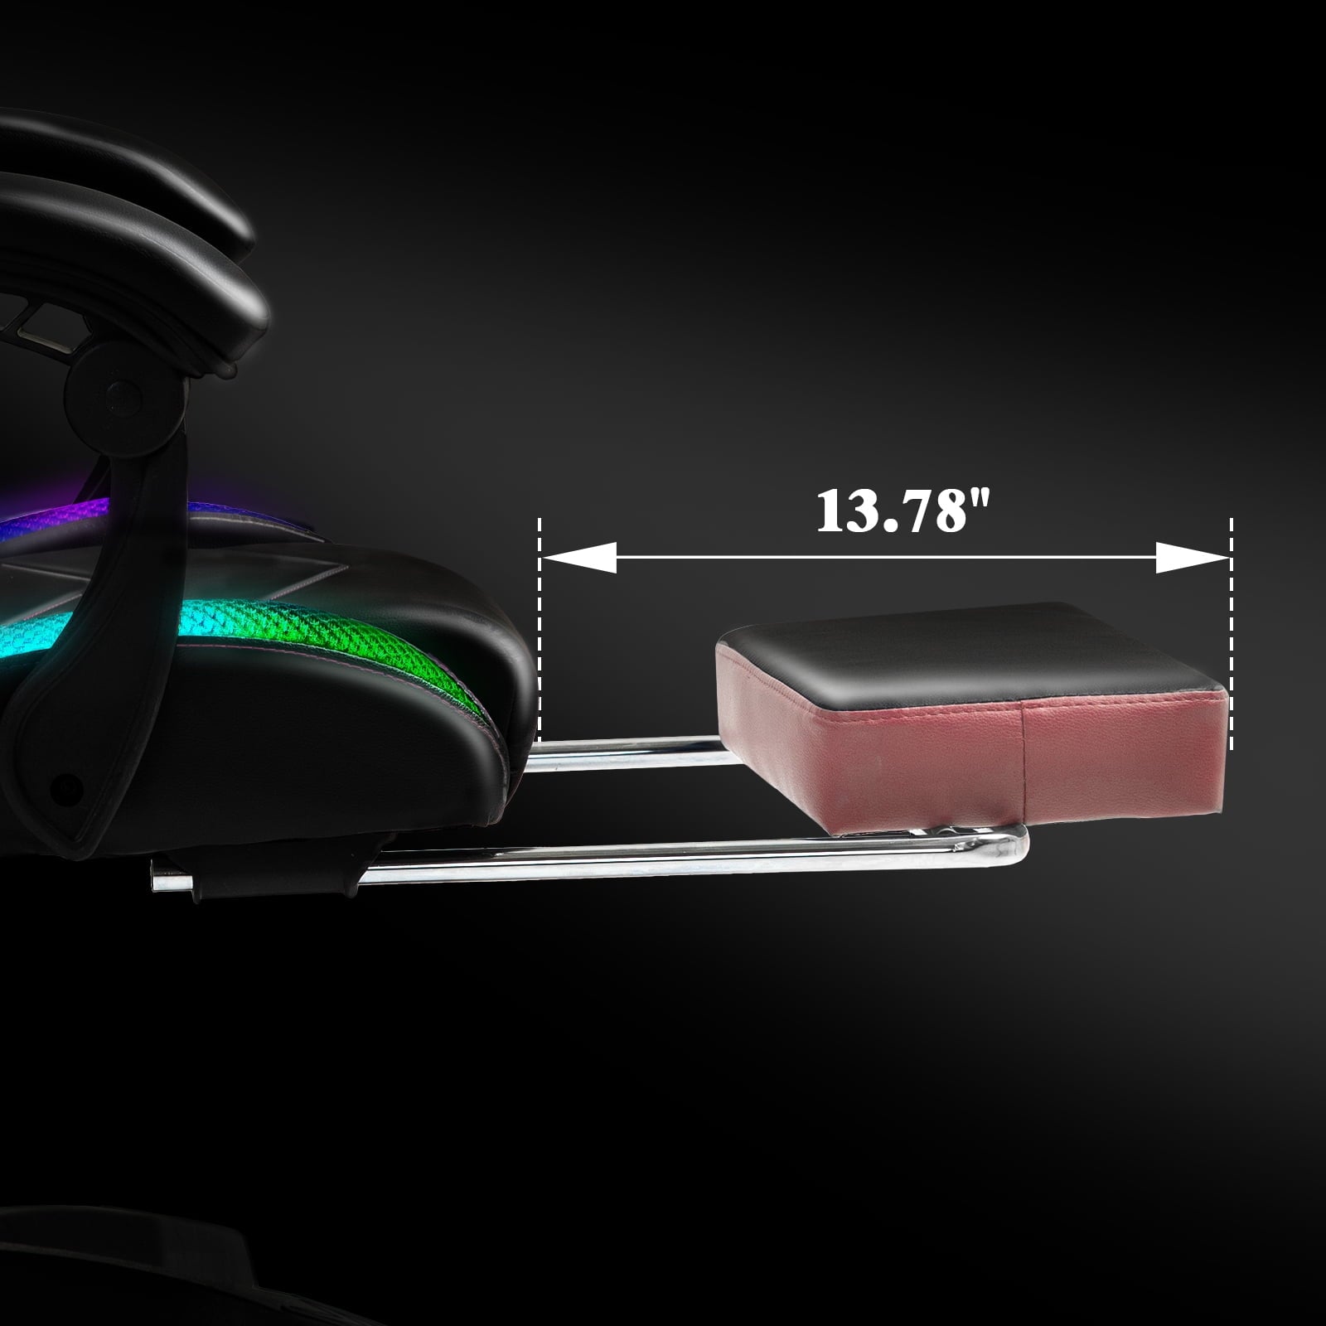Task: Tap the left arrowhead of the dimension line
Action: [x=578, y=558]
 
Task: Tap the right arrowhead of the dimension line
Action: [x=1192, y=558]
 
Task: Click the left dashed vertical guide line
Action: [x=540, y=630]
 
